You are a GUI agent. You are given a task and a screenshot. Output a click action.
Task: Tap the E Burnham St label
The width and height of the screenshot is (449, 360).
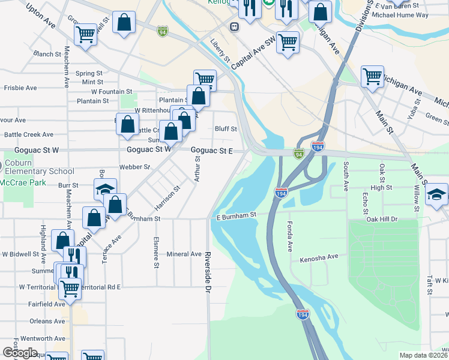[237, 215]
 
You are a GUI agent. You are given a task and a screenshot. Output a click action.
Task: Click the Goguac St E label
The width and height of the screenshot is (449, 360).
[211, 150]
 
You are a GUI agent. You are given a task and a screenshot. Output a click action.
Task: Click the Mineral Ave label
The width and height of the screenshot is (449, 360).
[184, 254]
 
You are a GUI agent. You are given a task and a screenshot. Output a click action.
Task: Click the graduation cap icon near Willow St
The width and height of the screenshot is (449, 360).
[436, 194]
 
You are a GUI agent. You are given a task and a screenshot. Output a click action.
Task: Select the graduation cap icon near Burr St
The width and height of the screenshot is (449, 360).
[105, 189]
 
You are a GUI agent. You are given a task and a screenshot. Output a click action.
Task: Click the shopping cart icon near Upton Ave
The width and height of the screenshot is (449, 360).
[86, 34]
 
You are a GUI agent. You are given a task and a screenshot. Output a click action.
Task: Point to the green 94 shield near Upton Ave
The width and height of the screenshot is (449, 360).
[163, 31]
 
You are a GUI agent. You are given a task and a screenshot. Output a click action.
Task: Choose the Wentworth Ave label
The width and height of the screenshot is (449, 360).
[47, 338]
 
